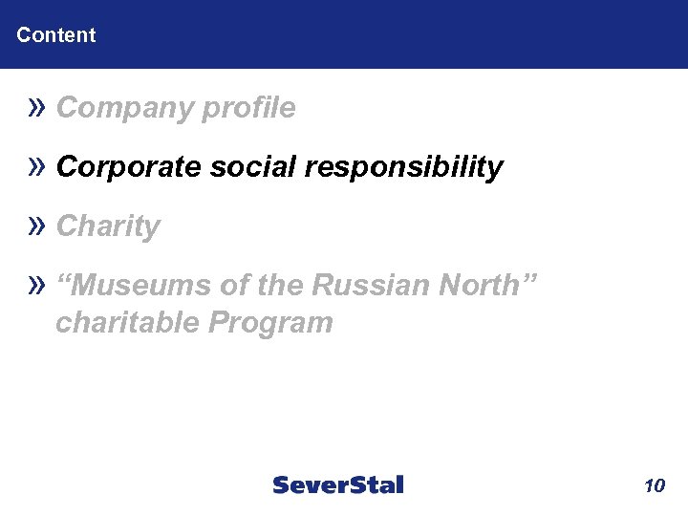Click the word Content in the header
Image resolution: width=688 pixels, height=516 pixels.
[56, 35]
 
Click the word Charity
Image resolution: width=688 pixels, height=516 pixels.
[108, 227]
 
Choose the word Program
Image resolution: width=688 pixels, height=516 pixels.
[269, 323]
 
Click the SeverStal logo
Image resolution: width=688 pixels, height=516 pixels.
[338, 485]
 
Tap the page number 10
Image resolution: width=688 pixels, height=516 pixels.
[655, 486]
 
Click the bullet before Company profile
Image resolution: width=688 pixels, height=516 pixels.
[37, 108]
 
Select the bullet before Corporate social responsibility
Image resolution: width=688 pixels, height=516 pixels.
[37, 167]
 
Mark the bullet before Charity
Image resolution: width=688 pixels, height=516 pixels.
[37, 226]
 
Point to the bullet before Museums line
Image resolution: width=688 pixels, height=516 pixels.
[37, 285]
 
